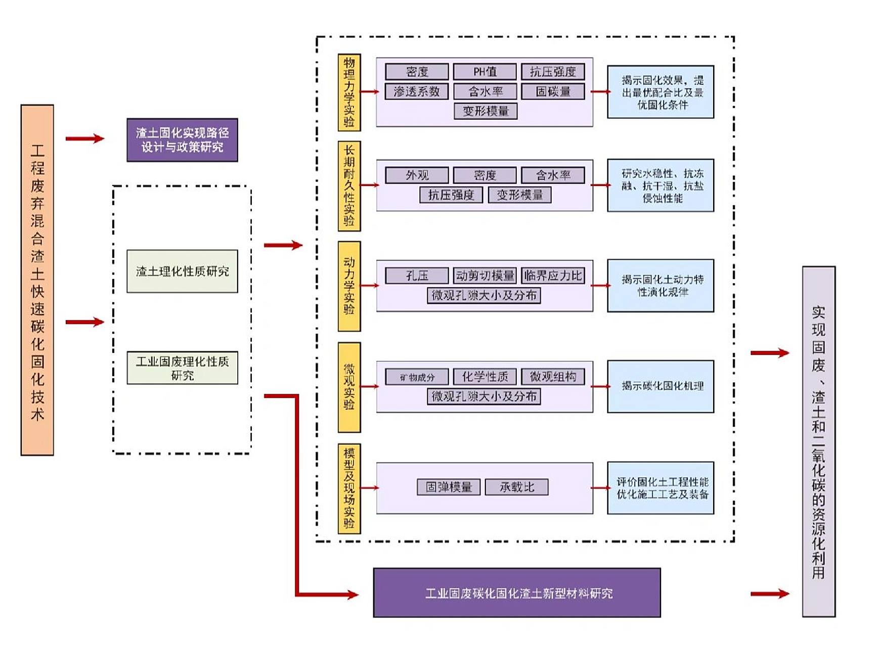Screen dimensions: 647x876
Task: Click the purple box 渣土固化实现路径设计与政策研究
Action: pyautogui.click(x=182, y=140)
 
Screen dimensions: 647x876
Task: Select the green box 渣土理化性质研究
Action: pyautogui.click(x=182, y=271)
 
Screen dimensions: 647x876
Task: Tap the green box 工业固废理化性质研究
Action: pyautogui.click(x=182, y=368)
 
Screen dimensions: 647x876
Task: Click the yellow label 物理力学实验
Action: pyautogui.click(x=349, y=92)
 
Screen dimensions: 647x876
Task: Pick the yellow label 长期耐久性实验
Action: pyautogui.click(x=349, y=186)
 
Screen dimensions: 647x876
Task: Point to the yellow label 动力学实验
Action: pyautogui.click(x=349, y=286)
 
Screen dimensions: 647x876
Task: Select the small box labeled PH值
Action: pyautogui.click(x=485, y=72)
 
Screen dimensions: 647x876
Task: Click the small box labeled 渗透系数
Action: pyautogui.click(x=416, y=91)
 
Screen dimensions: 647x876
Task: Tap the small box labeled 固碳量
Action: pyautogui.click(x=553, y=91)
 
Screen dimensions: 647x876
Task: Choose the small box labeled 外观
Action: pyautogui.click(x=416, y=175)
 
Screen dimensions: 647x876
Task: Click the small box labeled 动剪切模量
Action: pyautogui.click(x=485, y=275)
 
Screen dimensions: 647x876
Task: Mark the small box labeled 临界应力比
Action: pyautogui.click(x=553, y=275)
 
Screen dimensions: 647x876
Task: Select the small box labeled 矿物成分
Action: pyautogui.click(x=416, y=377)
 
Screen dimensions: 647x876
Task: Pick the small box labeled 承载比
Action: pyautogui.click(x=516, y=487)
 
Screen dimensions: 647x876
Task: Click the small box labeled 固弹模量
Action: pyautogui.click(x=448, y=487)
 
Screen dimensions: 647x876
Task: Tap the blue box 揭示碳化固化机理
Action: pyautogui.click(x=661, y=386)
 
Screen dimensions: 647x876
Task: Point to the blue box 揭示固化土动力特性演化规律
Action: pyautogui.click(x=661, y=286)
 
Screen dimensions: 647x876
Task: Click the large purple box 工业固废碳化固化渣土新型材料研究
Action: pyautogui.click(x=516, y=593)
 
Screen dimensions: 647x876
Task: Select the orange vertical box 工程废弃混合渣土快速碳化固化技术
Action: pyautogui.click(x=37, y=280)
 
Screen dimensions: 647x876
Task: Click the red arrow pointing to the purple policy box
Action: pyautogui.click(x=84, y=138)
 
